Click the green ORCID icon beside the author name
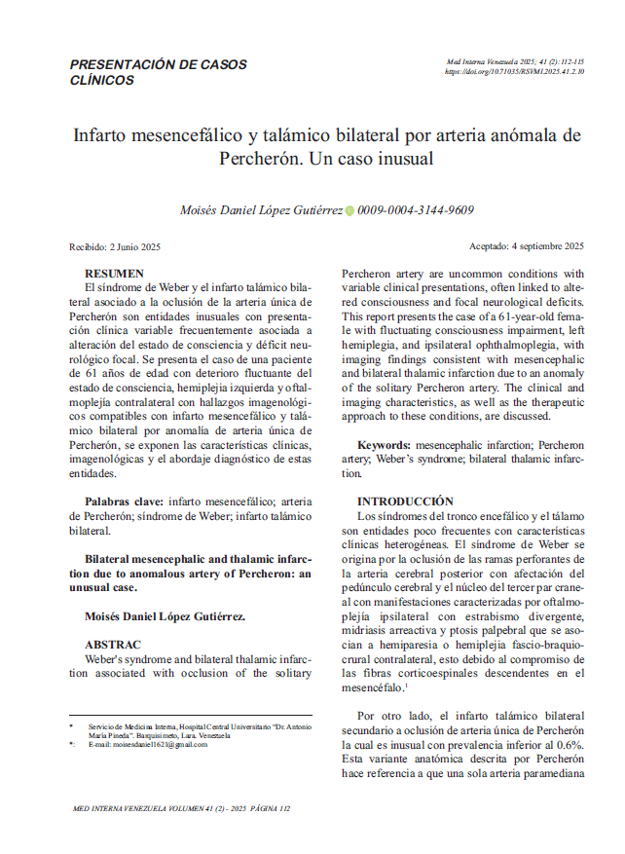pos(350,210)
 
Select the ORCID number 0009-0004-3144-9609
pos(416,210)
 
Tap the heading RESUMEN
pos(114,274)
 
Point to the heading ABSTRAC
pos(112,645)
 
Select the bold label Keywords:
pos(386,444)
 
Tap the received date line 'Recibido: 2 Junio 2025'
pos(115,246)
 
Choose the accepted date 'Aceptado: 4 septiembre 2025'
pos(526,246)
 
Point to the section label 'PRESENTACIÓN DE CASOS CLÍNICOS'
pos(158,73)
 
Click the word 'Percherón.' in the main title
pos(262,157)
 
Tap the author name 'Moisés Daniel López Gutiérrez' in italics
pos(261,210)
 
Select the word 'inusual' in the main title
pos(399,157)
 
